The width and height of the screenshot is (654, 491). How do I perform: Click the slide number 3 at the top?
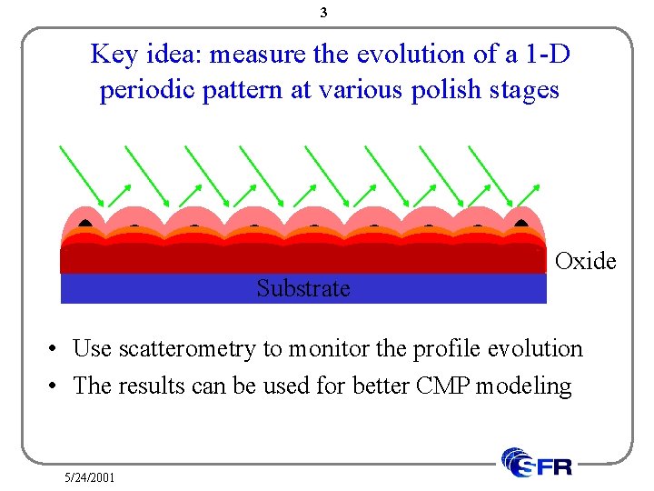[324, 13]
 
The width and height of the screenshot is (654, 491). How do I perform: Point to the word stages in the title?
[525, 92]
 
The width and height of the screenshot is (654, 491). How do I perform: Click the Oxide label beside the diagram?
[585, 262]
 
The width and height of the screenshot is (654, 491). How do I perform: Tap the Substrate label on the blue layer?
[302, 288]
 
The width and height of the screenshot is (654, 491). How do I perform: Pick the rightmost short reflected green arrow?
[529, 194]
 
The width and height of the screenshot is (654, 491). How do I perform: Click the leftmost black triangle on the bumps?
[85, 221]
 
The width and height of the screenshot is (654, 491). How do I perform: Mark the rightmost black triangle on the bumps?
[520, 221]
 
